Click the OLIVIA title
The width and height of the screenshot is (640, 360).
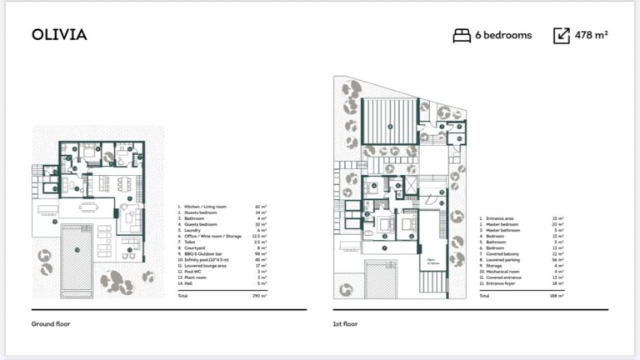[59, 35]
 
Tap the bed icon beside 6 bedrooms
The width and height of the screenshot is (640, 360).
[462, 35]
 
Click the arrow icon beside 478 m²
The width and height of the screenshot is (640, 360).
[561, 35]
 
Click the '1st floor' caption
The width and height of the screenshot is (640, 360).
[344, 322]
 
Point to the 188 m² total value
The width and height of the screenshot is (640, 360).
[557, 296]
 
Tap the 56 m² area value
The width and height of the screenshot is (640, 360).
[557, 259]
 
